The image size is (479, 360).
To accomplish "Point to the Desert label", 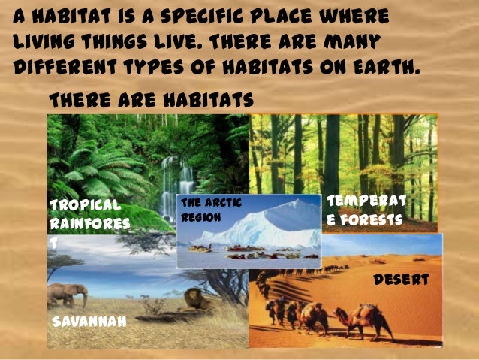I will pos(400,280).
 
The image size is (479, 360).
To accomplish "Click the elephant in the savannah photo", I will pos(67,295).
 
